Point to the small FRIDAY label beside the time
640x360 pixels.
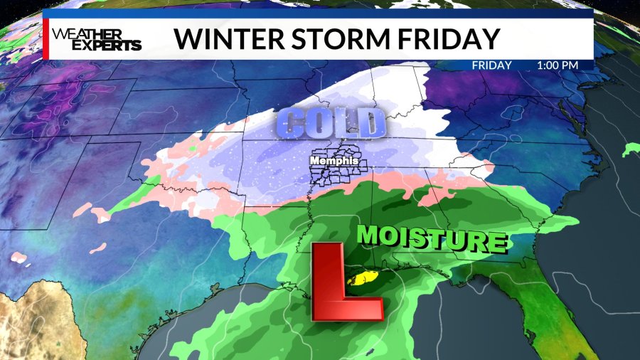click(x=492, y=65)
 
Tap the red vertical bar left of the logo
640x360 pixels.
click(x=46, y=38)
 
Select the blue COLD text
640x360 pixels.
click(x=330, y=123)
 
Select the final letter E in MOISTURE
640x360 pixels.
click(x=497, y=243)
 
